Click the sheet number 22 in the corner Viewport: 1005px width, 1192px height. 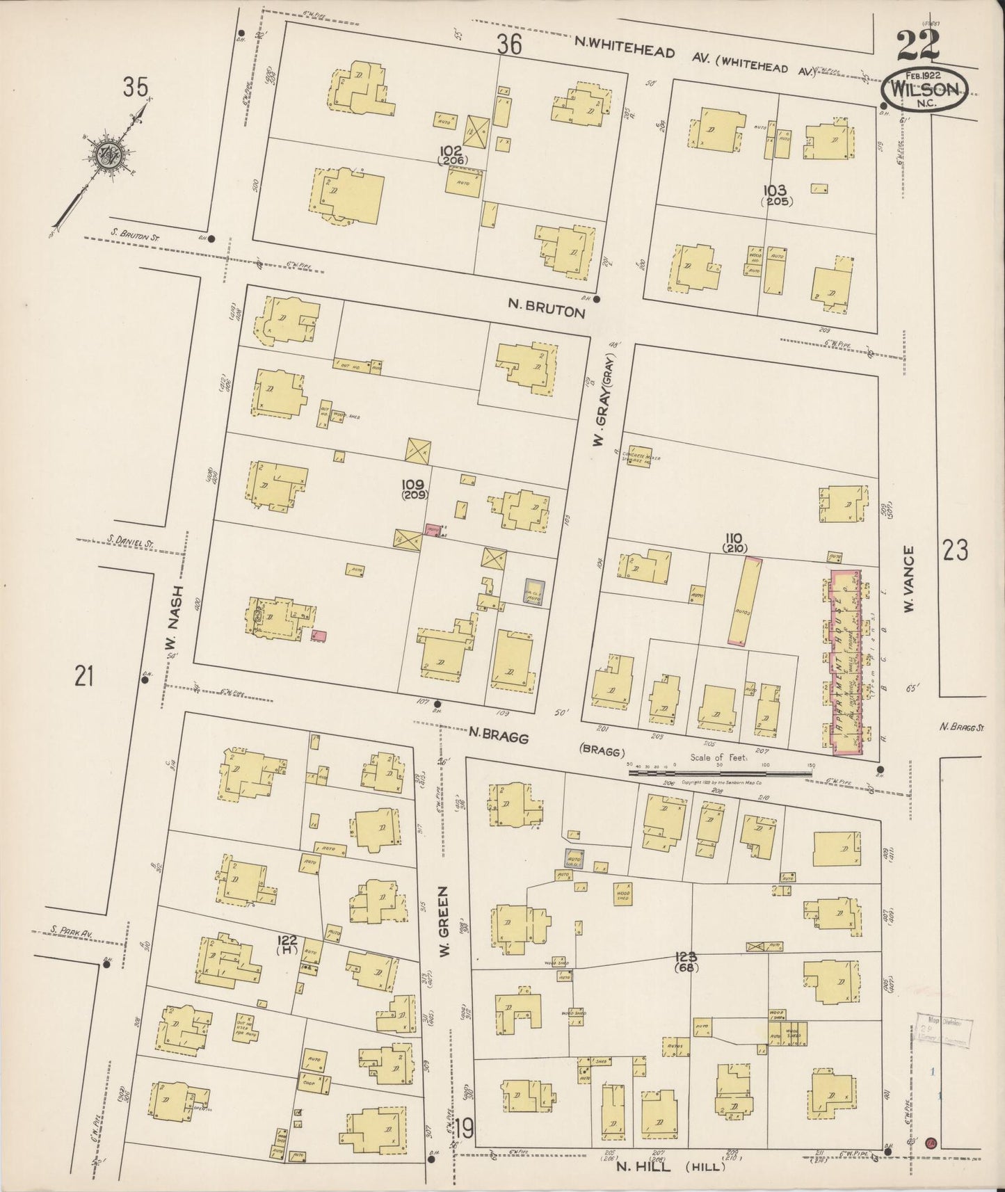pos(917,47)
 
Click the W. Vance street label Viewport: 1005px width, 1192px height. pos(908,579)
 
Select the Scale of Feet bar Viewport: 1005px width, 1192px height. pos(720,770)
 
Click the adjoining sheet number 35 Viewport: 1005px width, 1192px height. pos(136,88)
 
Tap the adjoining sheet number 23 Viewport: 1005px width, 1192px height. pos(955,551)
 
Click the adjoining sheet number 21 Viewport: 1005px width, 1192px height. pos(84,675)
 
